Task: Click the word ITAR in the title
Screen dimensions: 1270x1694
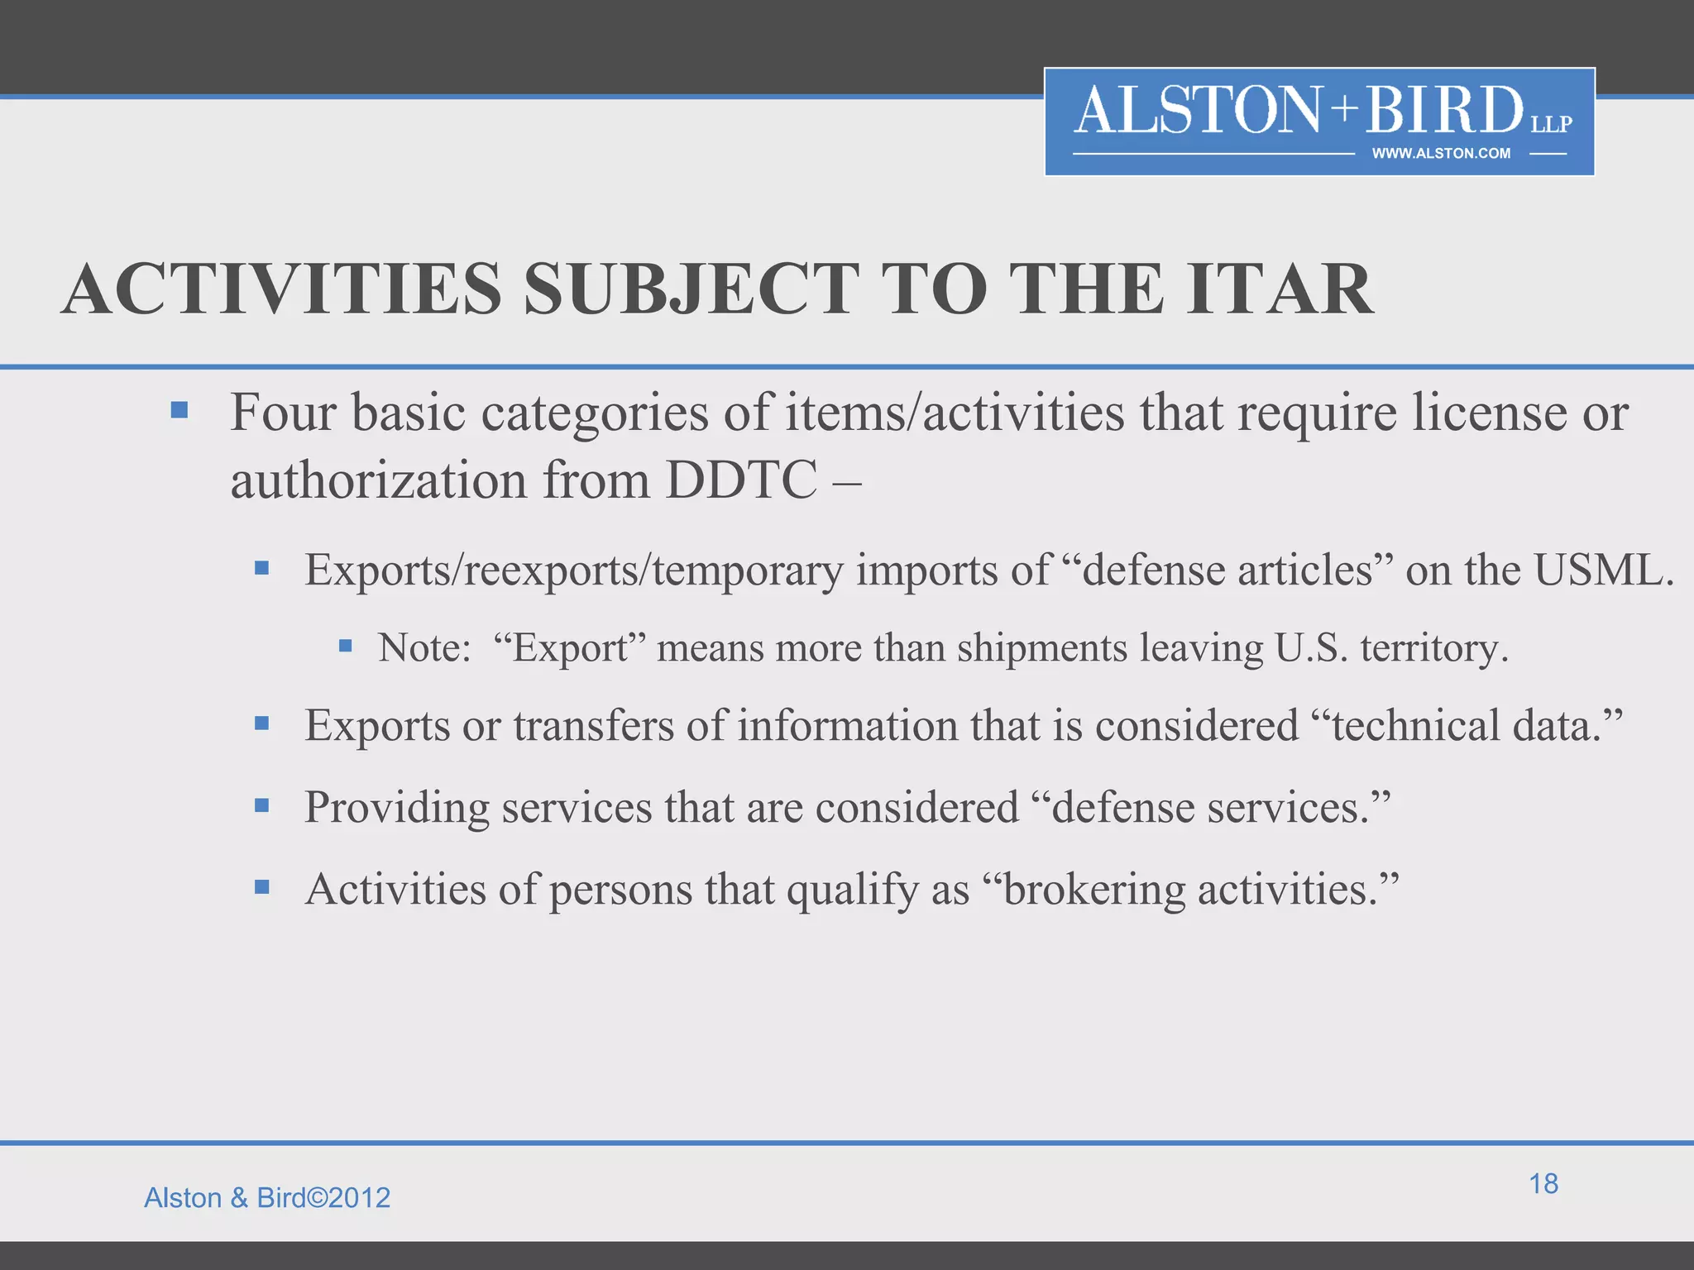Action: (x=1280, y=289)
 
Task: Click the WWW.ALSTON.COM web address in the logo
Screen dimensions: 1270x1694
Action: (x=1441, y=154)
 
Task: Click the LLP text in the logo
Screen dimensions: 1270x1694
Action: (x=1551, y=124)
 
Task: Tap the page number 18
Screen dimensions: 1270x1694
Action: (x=1543, y=1183)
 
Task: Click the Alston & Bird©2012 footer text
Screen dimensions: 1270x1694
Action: (x=267, y=1197)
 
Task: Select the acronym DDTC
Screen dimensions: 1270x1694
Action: (x=741, y=480)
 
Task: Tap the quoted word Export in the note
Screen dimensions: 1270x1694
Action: (x=570, y=647)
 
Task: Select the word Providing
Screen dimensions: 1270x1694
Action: (x=397, y=808)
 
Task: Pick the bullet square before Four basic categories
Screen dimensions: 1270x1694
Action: (x=179, y=410)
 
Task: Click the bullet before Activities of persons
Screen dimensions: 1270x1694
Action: (x=262, y=887)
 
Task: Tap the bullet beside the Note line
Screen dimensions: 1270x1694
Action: (x=346, y=645)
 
